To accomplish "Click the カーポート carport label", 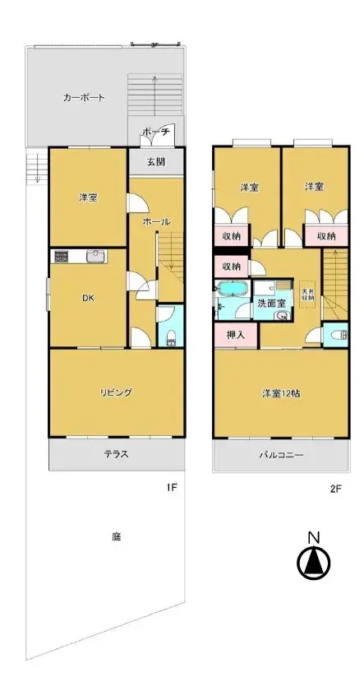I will pyautogui.click(x=84, y=98).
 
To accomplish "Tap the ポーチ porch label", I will pyautogui.click(x=154, y=132).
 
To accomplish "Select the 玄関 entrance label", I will pyautogui.click(x=156, y=161).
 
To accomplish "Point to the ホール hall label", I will pyautogui.click(x=156, y=222).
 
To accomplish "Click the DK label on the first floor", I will pyautogui.click(x=87, y=299).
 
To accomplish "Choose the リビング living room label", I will pyautogui.click(x=116, y=392).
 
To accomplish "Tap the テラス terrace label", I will pyautogui.click(x=116, y=453).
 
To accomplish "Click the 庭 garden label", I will pyautogui.click(x=116, y=536).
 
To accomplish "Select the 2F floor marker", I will pyautogui.click(x=335, y=488).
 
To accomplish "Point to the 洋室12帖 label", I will pyautogui.click(x=280, y=392).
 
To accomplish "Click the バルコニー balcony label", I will pyautogui.click(x=282, y=453).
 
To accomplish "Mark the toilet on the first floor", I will pyautogui.click(x=170, y=334).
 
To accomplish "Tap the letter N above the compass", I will pyautogui.click(x=313, y=538).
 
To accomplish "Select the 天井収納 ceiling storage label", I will pyautogui.click(x=307, y=294).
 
